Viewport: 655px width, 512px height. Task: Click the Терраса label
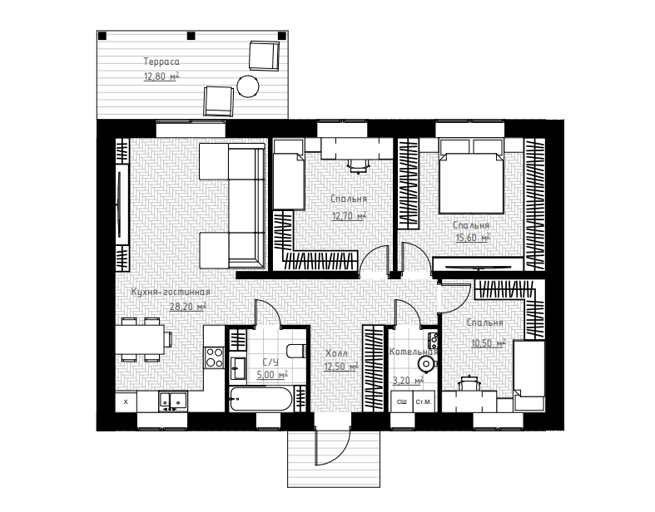[x=161, y=62]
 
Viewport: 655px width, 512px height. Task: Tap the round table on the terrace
[x=248, y=86]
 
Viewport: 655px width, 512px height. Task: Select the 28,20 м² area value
[x=188, y=307]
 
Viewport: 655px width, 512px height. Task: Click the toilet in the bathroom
[x=297, y=351]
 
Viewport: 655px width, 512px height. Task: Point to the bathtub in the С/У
[x=261, y=398]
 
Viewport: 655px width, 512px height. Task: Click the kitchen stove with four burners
[x=214, y=357]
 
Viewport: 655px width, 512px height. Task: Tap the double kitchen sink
[x=172, y=401]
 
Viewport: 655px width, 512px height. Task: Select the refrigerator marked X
[x=127, y=401]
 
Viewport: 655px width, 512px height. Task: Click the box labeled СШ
[x=401, y=401]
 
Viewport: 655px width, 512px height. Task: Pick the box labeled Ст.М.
[x=424, y=401]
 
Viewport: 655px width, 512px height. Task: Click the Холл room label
[x=336, y=353]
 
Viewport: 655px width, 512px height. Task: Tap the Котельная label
[x=413, y=352]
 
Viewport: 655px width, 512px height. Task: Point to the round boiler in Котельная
[x=426, y=364]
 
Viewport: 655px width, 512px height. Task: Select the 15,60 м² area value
[x=473, y=238]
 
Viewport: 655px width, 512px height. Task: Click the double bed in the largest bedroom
[x=470, y=176]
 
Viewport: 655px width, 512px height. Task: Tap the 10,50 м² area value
[x=489, y=343]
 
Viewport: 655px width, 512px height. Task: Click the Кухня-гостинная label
[x=171, y=292]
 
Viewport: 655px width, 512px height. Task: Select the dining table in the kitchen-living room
[x=140, y=339]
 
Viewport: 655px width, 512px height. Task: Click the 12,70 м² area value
[x=349, y=216]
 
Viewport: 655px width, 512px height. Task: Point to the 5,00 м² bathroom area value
[x=272, y=375]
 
